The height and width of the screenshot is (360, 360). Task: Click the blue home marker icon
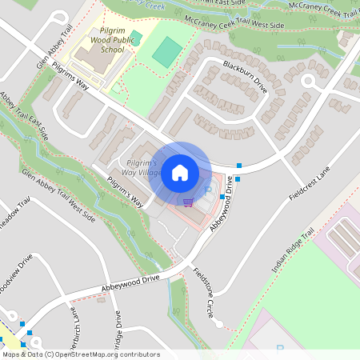180,172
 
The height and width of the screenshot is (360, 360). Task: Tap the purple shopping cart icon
188,202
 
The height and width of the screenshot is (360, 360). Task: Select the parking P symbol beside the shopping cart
208,192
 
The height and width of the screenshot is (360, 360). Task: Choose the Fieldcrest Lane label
312,182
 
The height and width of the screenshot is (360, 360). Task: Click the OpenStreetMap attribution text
80,354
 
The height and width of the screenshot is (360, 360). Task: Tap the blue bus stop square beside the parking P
222,194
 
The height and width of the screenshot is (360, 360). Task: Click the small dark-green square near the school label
136,37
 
